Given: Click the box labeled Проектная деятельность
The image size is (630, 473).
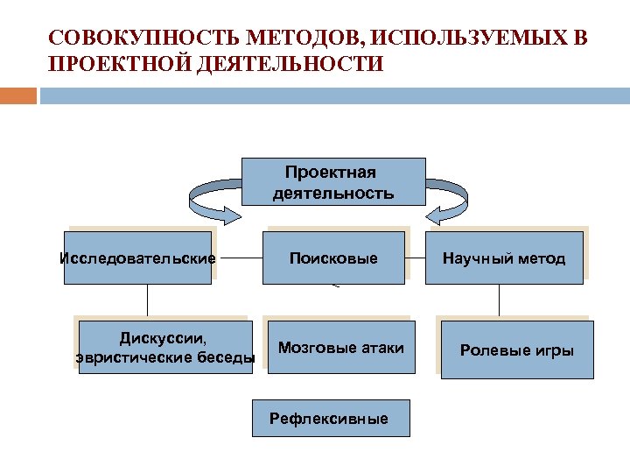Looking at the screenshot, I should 332,181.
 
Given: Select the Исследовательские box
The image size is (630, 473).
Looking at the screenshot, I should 137,258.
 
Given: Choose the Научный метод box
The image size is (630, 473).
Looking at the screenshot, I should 504,258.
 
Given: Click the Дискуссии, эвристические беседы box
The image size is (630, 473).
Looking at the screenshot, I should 165,347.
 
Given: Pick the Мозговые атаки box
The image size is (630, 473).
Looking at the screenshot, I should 340,348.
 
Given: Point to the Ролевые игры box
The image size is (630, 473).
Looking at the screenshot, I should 516,350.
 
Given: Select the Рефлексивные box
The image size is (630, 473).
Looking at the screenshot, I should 329,419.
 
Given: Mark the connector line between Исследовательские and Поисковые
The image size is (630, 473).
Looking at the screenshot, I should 237,259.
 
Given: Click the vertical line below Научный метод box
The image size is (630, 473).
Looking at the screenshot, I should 500,301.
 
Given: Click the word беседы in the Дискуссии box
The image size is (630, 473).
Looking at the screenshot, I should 225,357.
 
